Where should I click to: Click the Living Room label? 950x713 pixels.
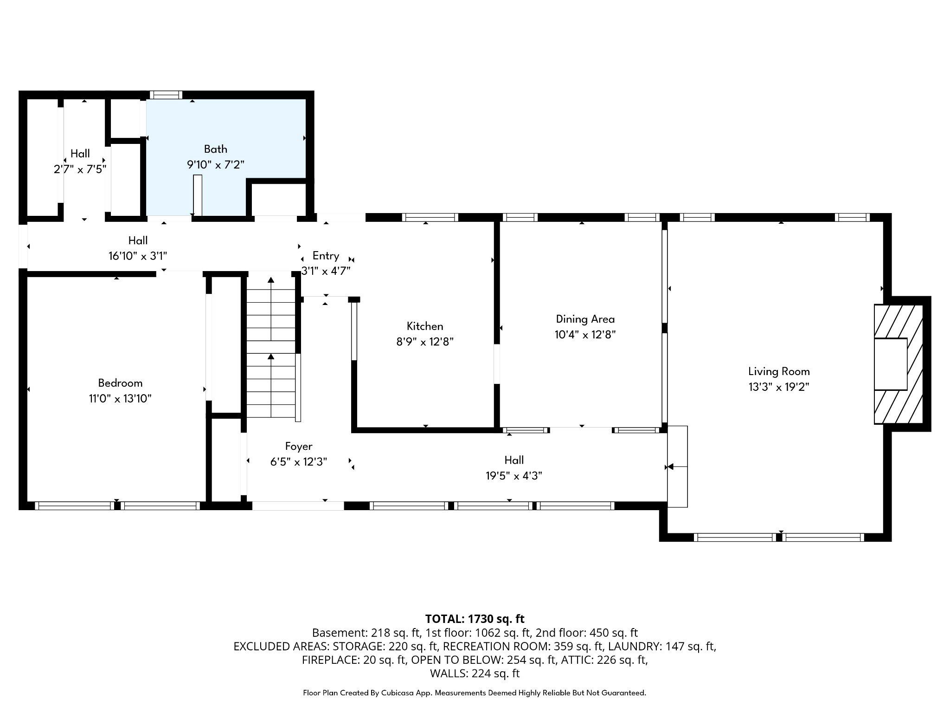(779, 371)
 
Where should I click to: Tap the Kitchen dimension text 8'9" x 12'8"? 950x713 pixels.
(424, 342)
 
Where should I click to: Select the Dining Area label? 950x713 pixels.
(585, 319)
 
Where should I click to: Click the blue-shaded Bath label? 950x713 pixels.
(216, 149)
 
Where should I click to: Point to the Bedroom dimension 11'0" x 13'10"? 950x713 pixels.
(120, 399)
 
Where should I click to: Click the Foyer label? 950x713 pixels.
(298, 447)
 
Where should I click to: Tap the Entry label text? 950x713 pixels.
(326, 256)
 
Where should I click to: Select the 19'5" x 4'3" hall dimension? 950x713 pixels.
(514, 476)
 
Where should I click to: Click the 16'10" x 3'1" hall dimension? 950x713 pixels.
(138, 256)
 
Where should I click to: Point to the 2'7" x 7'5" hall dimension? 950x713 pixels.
(80, 169)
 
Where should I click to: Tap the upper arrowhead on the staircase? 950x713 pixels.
(271, 279)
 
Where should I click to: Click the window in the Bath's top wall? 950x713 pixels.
(166, 95)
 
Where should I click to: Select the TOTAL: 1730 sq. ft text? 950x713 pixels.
(475, 619)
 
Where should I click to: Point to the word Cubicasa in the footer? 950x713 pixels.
(398, 693)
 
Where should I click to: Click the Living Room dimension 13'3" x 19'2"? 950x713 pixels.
(779, 387)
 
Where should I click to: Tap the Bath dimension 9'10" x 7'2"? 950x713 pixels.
(216, 164)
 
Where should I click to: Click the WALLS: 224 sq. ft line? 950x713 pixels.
(475, 673)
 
